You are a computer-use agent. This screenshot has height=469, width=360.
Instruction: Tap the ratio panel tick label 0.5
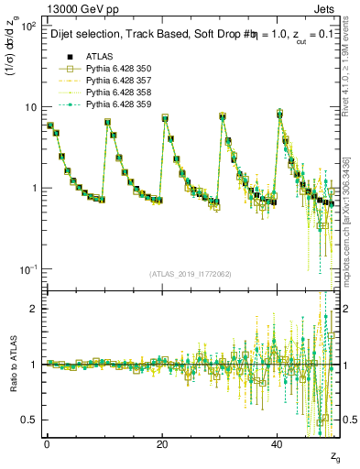[x=27, y=420]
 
